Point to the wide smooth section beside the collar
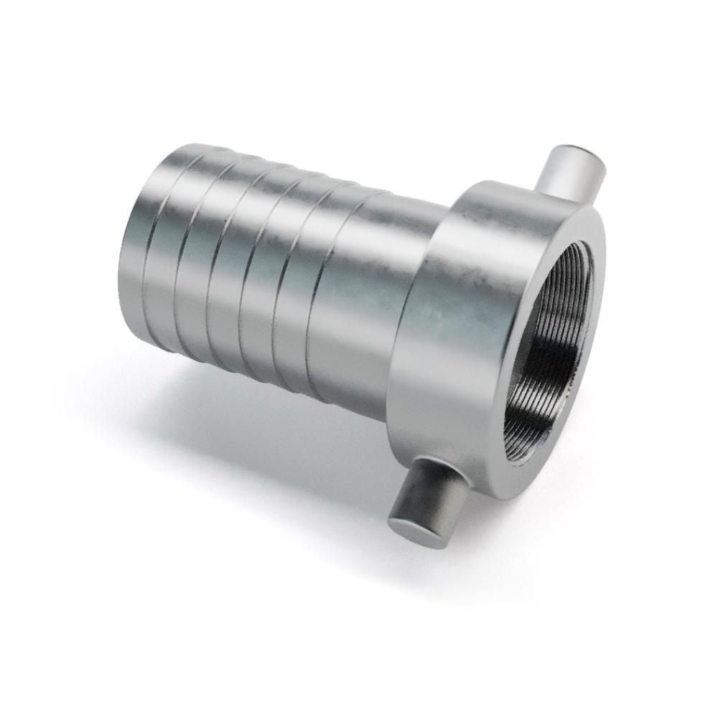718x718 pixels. click(x=359, y=302)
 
